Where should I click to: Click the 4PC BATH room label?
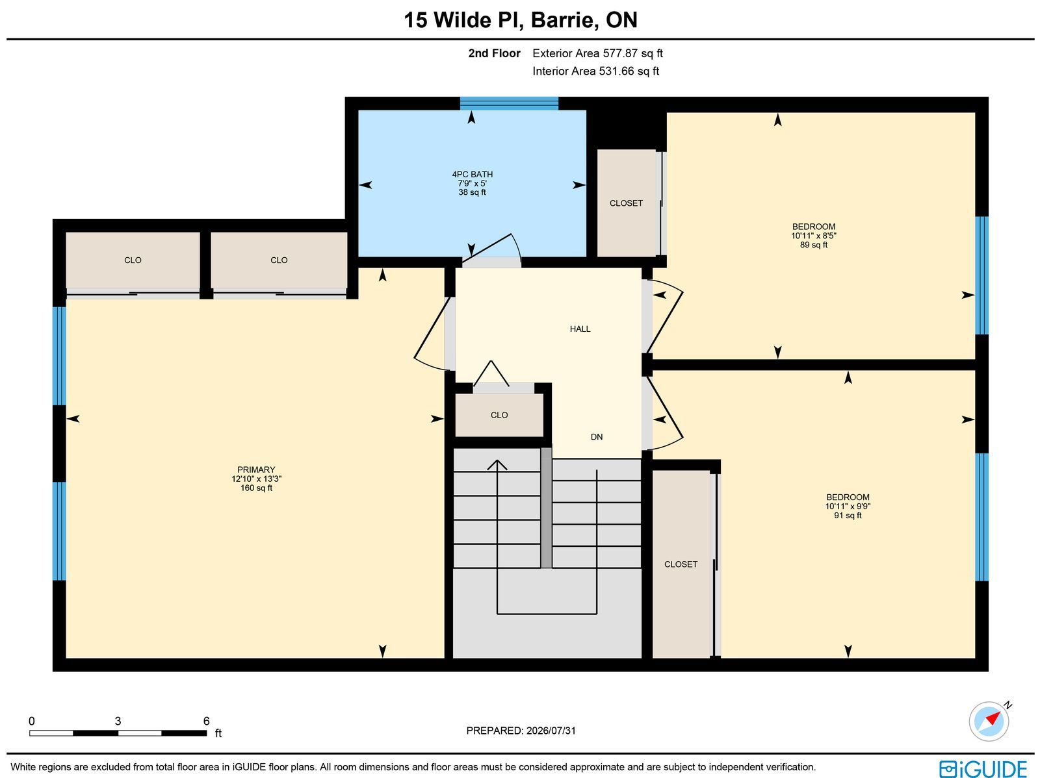tap(472, 174)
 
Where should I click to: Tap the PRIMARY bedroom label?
tap(256, 470)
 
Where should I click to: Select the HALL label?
tap(580, 329)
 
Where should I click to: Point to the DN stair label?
tap(597, 437)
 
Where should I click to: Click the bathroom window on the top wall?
tap(509, 103)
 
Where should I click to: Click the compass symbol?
tap(989, 722)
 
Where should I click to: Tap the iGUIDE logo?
tap(983, 768)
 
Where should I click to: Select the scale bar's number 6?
tap(206, 721)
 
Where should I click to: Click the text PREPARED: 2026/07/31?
tap(521, 730)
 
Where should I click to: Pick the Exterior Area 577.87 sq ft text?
tap(597, 53)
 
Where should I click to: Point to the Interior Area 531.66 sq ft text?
tap(595, 71)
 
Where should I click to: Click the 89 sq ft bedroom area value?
tap(814, 245)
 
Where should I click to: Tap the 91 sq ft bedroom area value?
tap(848, 516)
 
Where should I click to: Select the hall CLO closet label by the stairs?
tap(499, 415)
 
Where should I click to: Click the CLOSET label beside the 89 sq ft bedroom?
tap(626, 203)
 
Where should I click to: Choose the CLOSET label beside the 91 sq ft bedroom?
tap(681, 564)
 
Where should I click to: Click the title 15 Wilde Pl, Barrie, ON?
tap(520, 20)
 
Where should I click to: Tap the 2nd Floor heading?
tap(494, 53)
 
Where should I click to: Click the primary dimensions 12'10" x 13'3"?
tap(256, 479)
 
